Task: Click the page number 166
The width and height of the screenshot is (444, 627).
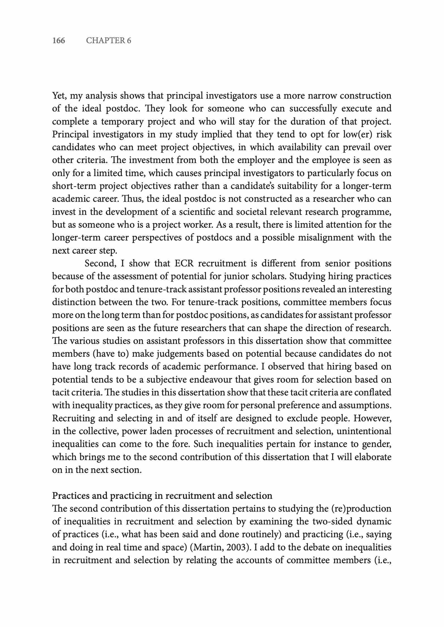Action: click(x=58, y=41)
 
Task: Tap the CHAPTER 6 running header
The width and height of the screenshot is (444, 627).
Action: click(x=108, y=41)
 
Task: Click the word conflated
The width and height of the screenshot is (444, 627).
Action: click(x=371, y=392)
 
